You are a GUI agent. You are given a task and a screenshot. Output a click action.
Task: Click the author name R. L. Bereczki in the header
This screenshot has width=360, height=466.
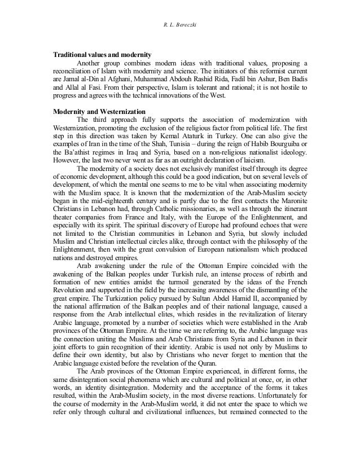point(179,10)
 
